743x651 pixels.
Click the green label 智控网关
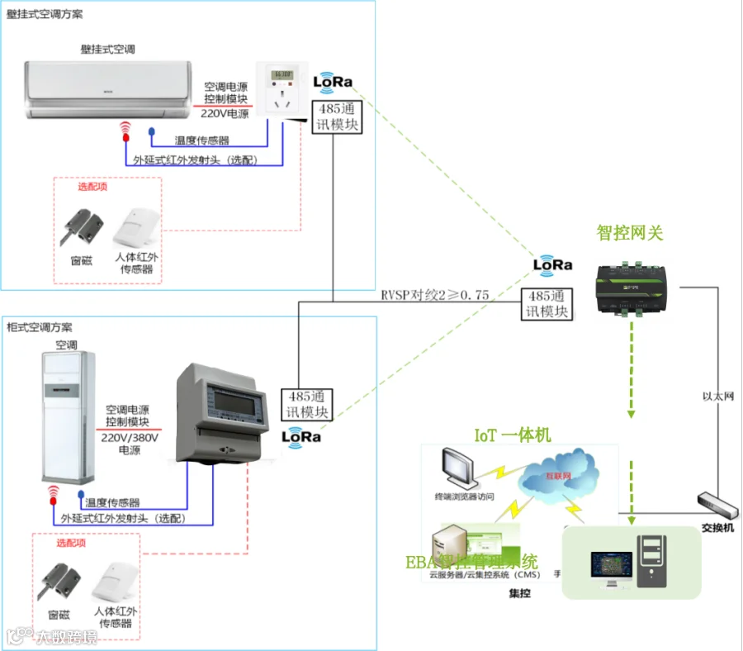[630, 234]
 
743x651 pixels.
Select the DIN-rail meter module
[220, 413]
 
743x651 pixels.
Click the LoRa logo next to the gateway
[552, 264]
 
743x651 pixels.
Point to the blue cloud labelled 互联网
[558, 479]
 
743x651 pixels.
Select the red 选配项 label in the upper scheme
[92, 187]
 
